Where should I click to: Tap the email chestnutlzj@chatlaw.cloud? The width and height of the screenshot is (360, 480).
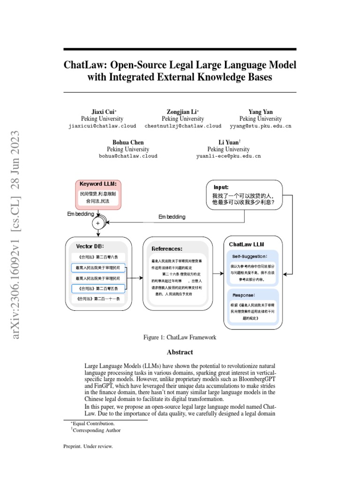point(183,126)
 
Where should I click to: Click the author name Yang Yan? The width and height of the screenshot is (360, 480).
point(260,112)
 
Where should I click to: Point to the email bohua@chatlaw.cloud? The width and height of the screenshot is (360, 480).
point(128,156)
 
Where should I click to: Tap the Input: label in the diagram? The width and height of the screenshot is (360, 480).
point(221,187)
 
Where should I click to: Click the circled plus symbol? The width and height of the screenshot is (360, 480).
point(98,224)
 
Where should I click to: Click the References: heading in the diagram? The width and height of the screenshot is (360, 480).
point(167,249)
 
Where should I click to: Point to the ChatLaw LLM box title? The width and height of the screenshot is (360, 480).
point(247,244)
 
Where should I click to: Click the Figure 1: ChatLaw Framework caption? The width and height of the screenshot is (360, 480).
point(180,337)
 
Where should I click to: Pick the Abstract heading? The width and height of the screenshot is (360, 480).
point(180,352)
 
